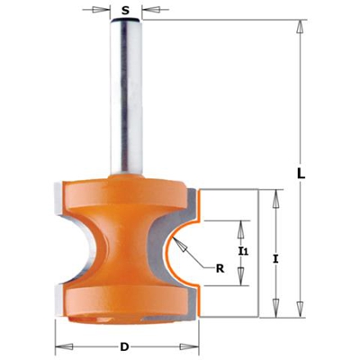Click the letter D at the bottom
tap(123, 346)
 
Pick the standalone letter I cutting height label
tap(275, 258)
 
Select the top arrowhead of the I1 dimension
tap(240, 223)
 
